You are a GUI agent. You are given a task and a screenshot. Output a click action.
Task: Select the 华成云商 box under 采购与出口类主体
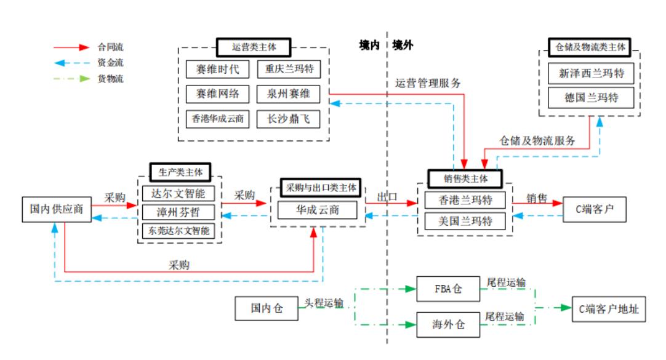[316, 210]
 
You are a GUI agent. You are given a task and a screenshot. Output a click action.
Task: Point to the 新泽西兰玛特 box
[591, 73]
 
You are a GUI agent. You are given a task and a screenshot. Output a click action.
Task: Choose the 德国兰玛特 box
[591, 97]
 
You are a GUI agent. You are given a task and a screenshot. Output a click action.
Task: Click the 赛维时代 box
[217, 69]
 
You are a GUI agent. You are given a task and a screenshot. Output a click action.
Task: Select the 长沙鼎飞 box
[289, 118]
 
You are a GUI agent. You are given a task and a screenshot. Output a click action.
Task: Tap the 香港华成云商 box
[217, 118]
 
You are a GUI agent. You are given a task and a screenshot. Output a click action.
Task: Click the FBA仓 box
[447, 289]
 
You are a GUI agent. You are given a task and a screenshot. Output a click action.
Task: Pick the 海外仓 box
[447, 325]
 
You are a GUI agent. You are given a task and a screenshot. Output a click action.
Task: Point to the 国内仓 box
[267, 308]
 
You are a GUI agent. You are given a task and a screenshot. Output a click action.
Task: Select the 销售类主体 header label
[465, 178]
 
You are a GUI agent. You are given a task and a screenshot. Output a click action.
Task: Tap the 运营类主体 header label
[254, 47]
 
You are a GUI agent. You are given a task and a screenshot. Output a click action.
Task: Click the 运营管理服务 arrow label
[428, 83]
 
